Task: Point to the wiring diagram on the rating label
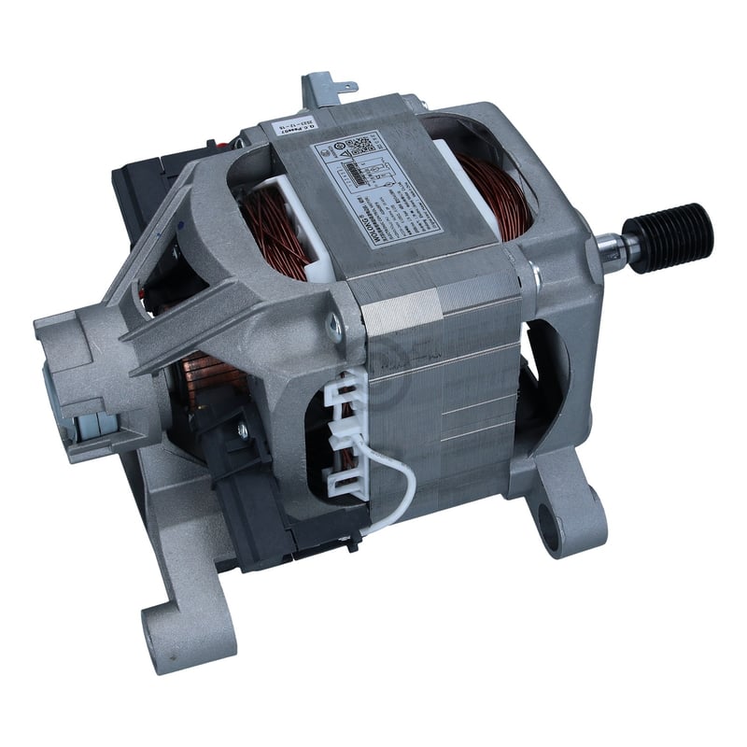(368, 173)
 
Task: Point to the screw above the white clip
(332, 326)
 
